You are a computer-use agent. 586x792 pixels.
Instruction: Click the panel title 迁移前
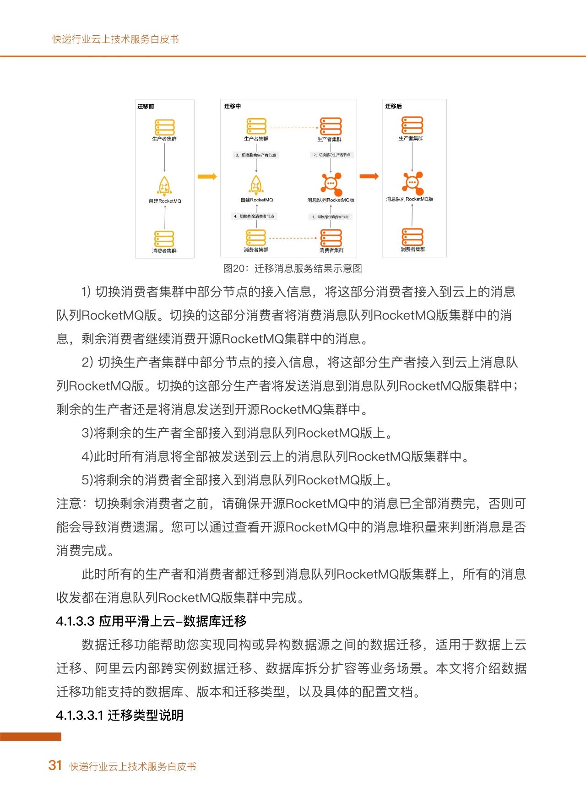point(146,107)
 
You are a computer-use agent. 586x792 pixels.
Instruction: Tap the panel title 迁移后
point(393,106)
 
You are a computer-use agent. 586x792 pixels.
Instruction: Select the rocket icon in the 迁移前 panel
point(164,186)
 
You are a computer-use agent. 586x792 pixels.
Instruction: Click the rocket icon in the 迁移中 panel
point(256,185)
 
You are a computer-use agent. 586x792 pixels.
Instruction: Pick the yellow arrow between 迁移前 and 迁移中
point(207,177)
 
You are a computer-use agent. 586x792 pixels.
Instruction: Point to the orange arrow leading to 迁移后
point(369,176)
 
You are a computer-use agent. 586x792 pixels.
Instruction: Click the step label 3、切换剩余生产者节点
point(256,155)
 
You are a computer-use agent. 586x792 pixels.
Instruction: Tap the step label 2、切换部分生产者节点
point(331,155)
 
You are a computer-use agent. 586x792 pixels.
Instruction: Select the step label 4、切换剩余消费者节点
point(254,216)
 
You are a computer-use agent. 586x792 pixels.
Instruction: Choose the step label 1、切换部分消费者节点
point(331,217)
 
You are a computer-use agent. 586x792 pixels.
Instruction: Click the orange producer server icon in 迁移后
point(412,125)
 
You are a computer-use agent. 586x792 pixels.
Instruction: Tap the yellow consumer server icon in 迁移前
point(164,239)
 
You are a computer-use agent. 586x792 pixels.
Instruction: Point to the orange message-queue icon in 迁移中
point(331,184)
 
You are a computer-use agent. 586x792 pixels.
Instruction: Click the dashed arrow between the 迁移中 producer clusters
point(293,128)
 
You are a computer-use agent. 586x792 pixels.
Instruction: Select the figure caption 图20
point(293,268)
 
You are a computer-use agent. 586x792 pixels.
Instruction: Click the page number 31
point(55,765)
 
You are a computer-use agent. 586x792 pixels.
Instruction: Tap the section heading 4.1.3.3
point(151,621)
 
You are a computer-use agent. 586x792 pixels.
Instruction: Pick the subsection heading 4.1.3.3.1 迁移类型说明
point(119,715)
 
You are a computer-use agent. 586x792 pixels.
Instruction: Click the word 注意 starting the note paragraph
point(69,504)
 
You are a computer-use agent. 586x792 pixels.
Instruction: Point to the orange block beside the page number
point(30,737)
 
